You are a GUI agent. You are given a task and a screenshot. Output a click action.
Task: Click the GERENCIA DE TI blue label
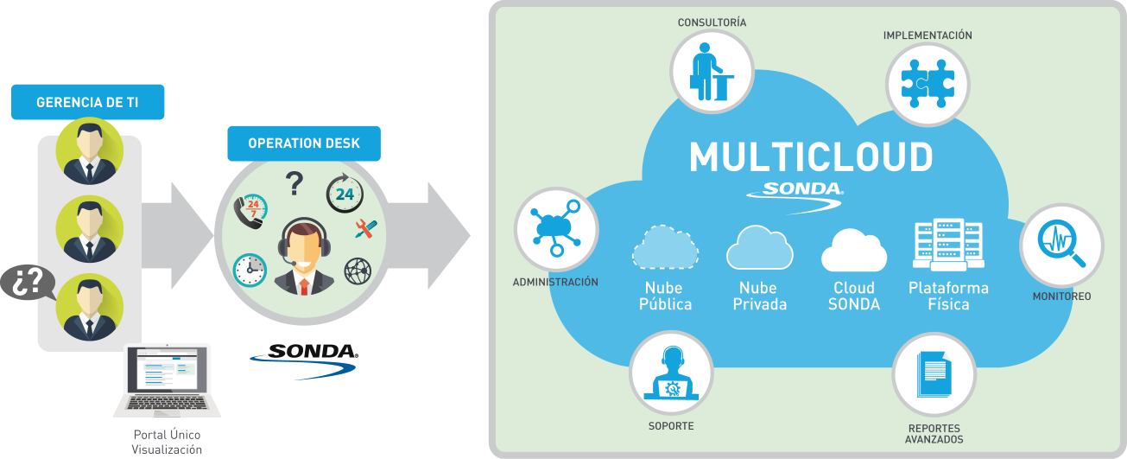pyautogui.click(x=88, y=103)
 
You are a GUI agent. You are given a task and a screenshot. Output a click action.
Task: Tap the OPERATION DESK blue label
pyautogui.click(x=303, y=143)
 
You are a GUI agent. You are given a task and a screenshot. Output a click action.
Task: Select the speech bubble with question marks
pyautogui.click(x=27, y=283)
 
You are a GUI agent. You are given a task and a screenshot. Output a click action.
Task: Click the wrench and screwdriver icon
pyautogui.click(x=365, y=228)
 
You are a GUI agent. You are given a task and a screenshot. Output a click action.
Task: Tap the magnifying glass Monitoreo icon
pyautogui.click(x=1061, y=245)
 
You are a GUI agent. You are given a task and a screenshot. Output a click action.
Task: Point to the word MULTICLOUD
pyautogui.click(x=811, y=157)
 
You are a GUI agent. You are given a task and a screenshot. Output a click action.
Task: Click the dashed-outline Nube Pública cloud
pyautogui.click(x=664, y=248)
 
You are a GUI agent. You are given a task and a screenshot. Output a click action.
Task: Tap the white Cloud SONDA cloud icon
pyautogui.click(x=853, y=251)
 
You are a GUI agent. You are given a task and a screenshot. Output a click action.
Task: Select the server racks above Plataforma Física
pyautogui.click(x=947, y=245)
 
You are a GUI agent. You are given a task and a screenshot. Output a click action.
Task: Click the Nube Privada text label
pyautogui.click(x=758, y=296)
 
